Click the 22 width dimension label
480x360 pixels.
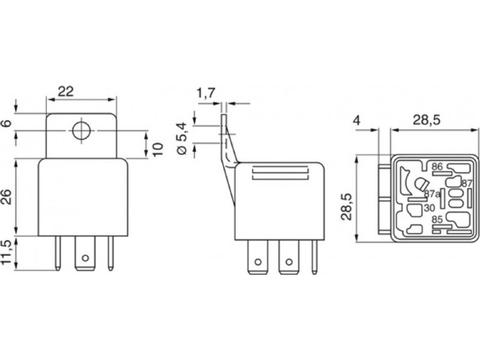coord(66,91)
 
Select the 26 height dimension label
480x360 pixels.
coord(7,197)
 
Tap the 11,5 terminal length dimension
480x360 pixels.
coord(7,253)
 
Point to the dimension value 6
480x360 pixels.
coord(7,123)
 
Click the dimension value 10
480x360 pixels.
coord(158,149)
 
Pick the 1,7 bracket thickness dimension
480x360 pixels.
coord(206,93)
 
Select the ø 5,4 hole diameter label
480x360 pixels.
coord(182,138)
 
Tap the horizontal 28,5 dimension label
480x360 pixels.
coord(426,120)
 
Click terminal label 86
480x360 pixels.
coord(437,167)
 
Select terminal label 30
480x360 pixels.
coord(430,208)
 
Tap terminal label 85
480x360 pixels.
coord(437,220)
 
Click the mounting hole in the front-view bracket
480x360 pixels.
coord(82,131)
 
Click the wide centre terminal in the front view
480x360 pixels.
coord(85,253)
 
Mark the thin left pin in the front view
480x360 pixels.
coord(58,253)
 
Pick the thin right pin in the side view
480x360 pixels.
coord(314,257)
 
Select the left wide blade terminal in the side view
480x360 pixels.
coord(257,257)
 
